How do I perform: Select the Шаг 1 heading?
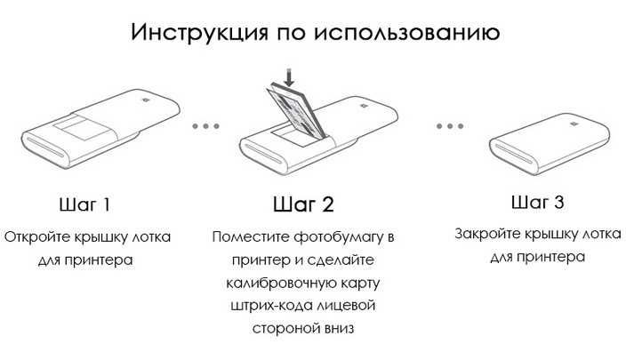coord(84,205)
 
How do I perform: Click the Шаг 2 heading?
coord(302,205)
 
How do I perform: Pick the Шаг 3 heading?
coord(537,203)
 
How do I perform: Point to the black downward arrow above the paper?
coord(288,76)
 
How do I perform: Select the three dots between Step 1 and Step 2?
coord(205,126)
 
